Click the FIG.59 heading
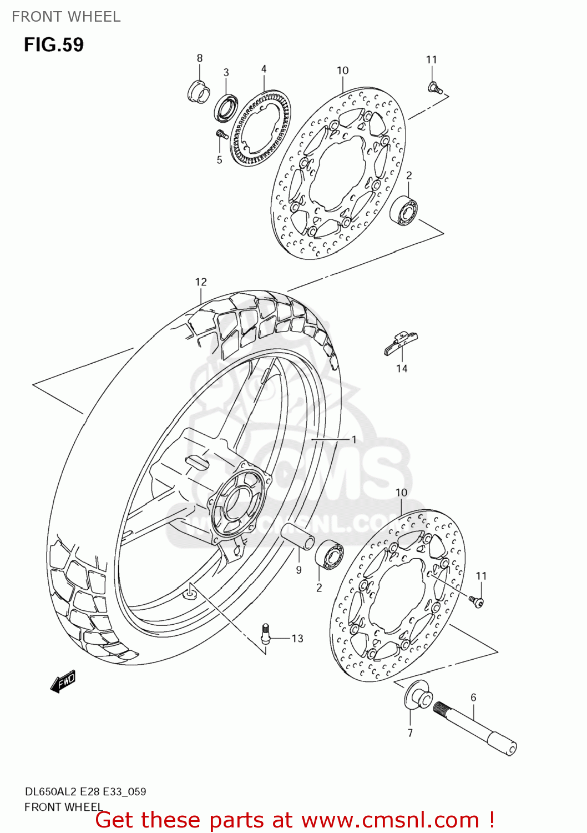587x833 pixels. point(54,44)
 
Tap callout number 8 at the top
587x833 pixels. point(200,58)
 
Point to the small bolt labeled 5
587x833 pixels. point(221,134)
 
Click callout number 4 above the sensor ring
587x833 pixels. point(264,69)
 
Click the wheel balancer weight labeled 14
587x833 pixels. point(401,343)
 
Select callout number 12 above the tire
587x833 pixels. point(201,282)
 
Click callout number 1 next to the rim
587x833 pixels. point(354,439)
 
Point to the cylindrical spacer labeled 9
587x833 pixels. point(297,536)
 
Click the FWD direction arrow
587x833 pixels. point(63,681)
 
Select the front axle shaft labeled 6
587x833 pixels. point(474,727)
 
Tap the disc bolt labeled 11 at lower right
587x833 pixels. point(477,601)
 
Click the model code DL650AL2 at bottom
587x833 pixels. point(52,792)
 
